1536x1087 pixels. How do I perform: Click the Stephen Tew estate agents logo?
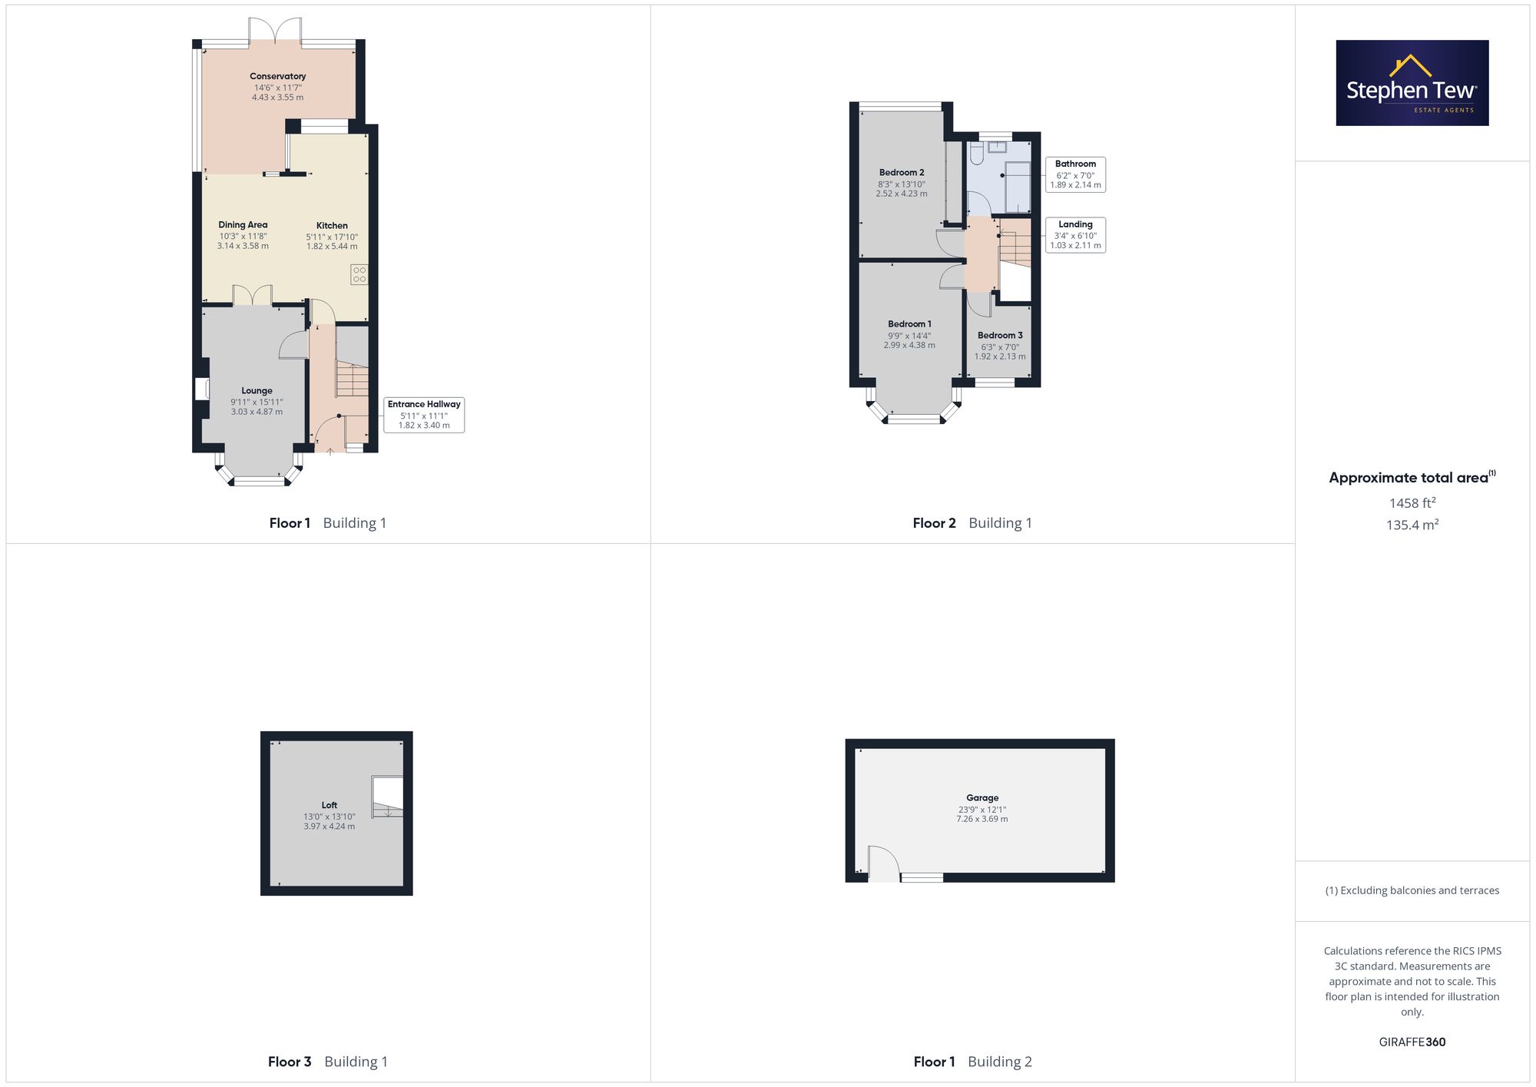pos(1412,83)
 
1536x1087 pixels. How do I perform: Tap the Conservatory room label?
pos(278,76)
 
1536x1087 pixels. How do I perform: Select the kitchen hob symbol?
pos(359,274)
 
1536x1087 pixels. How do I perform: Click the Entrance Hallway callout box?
pos(424,415)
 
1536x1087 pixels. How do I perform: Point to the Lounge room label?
pos(257,390)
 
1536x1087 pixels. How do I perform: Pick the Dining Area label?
pos(243,225)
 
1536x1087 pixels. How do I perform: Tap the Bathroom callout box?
pos(1075,174)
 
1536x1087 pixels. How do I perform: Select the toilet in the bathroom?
pos(976,153)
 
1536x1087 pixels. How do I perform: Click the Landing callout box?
pos(1075,235)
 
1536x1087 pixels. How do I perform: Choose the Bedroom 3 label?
pos(1000,335)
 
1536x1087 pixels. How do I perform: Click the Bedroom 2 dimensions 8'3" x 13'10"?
pos(902,184)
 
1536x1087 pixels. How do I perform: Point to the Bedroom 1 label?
pos(909,324)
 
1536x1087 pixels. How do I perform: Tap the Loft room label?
pos(329,805)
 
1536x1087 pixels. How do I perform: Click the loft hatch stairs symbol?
pos(387,797)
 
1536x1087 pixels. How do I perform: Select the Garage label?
pos(982,798)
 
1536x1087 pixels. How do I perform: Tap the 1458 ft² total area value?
pos(1412,503)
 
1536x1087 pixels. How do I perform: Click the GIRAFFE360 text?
pos(1412,1042)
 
